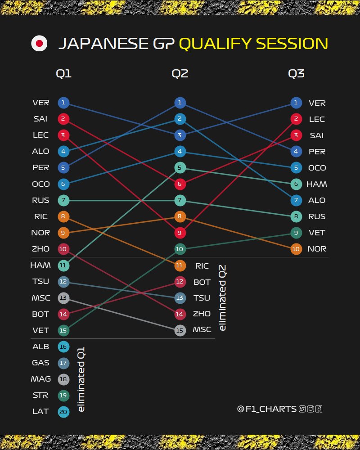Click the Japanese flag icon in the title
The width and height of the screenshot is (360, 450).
coord(39,44)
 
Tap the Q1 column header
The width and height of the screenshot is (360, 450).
coord(63,74)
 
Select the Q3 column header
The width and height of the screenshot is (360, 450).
coord(296,74)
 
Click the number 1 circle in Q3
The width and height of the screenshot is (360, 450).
coord(296,103)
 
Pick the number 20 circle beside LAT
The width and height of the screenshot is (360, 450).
coord(63,411)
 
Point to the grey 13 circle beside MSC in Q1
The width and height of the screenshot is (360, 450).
coord(63,297)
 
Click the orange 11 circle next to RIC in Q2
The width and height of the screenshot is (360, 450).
coord(180,265)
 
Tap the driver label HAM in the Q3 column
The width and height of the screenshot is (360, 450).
coord(317,184)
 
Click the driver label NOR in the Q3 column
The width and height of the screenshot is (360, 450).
coord(317,249)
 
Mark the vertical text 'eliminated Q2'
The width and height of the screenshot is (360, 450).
coord(222,298)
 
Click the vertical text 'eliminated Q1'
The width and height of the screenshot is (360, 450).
coord(81,379)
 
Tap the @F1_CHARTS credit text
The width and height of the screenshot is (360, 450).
coord(266,409)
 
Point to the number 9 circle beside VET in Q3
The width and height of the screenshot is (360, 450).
coord(296,233)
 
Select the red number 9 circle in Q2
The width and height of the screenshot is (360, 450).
coord(180,233)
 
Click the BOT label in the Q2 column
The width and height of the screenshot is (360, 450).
coord(202,282)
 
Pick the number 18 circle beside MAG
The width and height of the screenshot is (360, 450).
coord(63,379)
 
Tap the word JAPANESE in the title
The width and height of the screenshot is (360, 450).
coord(103,44)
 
